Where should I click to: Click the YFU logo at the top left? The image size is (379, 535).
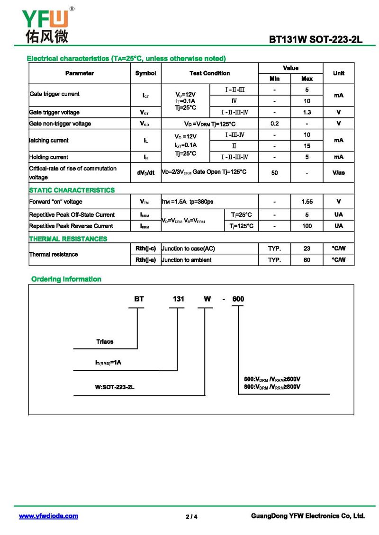pos(45,25)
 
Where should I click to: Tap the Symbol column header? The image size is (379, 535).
pos(145,73)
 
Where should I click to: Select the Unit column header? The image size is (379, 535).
pos(338,73)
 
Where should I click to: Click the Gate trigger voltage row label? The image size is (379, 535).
pos(54,112)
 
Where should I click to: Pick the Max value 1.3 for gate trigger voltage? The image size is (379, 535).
pos(307,112)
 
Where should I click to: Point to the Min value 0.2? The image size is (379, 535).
pos(274,124)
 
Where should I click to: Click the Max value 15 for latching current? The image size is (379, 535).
pos(307,146)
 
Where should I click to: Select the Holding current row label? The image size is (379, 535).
pos(49,157)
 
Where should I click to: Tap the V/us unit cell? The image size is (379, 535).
pos(338,173)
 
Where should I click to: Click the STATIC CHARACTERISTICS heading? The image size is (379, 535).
pos(72,190)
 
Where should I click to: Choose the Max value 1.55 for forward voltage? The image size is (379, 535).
pos(307,202)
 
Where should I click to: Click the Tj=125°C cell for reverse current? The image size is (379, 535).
pos(241,226)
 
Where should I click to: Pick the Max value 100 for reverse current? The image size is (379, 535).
pos(307,226)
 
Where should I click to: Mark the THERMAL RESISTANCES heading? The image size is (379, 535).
pos(68,239)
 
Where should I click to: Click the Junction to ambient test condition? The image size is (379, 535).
pos(187,260)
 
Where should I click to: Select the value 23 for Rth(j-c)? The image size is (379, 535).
pos(307,249)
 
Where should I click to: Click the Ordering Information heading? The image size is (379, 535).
pos(66,279)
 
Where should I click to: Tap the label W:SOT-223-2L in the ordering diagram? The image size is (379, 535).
pos(115,387)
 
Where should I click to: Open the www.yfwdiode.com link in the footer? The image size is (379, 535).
pos(48,516)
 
